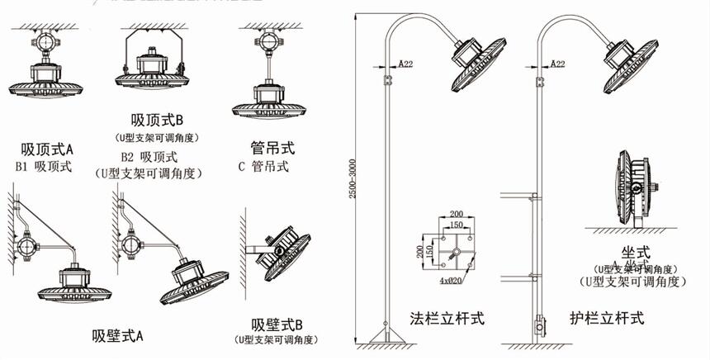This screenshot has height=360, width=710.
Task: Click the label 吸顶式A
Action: pyautogui.click(x=47, y=149)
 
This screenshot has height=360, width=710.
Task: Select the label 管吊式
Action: pyautogui.click(x=272, y=149)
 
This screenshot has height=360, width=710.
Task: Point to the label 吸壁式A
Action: pyautogui.click(x=117, y=335)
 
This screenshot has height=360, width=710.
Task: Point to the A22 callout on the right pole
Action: pyautogui.click(x=556, y=63)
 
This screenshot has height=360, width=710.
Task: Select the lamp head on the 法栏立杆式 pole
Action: pyautogui.click(x=480, y=62)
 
